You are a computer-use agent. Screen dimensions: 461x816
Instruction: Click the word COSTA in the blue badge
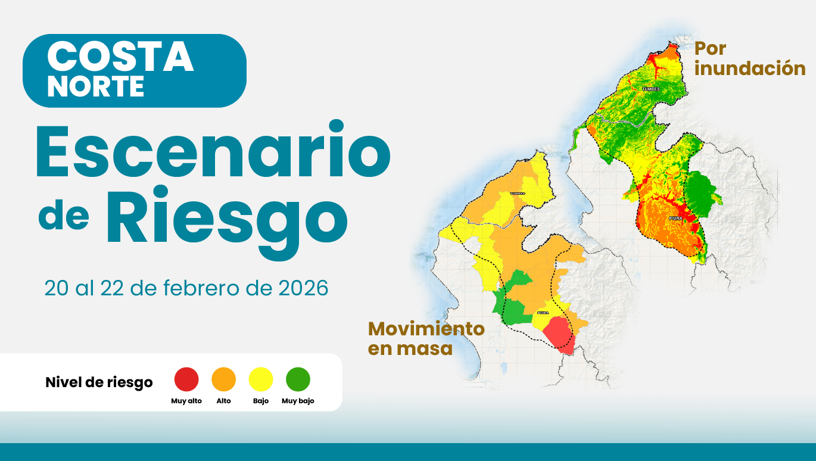coord(120,58)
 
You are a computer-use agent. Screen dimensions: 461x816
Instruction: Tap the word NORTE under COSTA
coord(95,87)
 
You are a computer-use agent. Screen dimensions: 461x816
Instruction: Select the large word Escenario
coord(213,152)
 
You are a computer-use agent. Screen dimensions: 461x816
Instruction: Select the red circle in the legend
coord(186,379)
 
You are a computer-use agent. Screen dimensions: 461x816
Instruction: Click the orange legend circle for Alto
coord(224,379)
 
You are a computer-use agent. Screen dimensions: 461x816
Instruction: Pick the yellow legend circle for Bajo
coord(261,379)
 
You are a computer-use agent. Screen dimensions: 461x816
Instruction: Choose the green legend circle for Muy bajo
coord(298,379)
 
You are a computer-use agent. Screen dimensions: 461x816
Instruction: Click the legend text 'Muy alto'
coord(186,401)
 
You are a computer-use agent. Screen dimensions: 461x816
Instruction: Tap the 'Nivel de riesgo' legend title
coord(99,382)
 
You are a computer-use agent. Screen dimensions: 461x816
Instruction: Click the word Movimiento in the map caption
coord(426,328)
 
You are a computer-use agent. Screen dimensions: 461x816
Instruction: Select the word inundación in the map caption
coord(750,68)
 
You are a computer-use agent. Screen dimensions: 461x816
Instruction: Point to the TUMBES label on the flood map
coord(650,89)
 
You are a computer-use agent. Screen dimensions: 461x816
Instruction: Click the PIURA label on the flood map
coord(675,219)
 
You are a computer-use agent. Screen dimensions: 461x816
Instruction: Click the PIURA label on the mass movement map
coord(543,312)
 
